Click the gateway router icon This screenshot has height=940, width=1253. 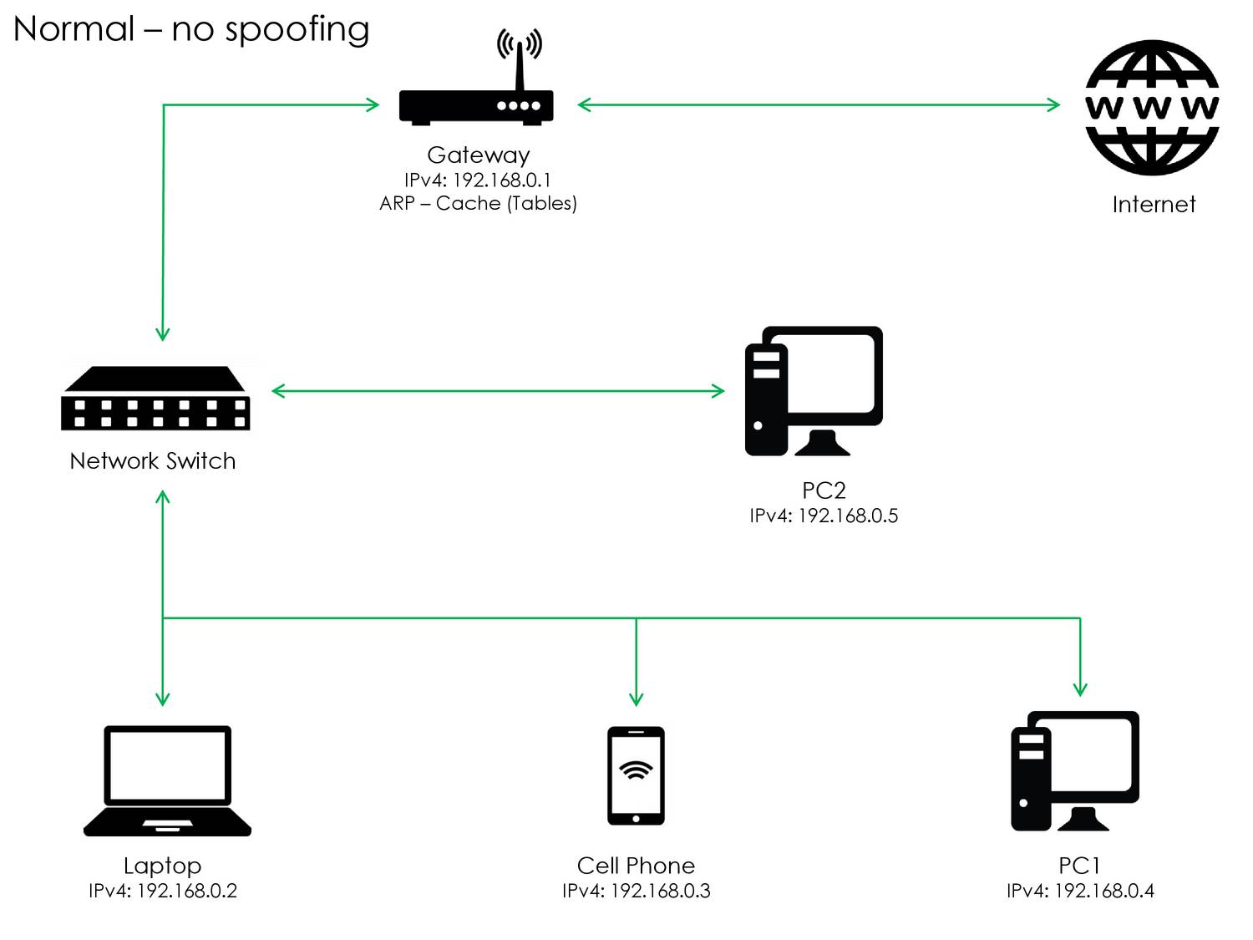476,106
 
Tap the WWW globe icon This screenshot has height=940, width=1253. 1152,108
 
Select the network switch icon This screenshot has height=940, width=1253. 155,399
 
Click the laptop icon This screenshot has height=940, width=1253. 167,781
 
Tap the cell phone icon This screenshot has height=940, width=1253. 636,775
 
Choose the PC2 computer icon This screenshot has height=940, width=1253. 814,391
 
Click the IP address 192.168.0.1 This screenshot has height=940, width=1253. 502,180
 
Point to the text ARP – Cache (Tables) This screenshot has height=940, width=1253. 478,203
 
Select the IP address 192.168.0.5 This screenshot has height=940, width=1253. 848,516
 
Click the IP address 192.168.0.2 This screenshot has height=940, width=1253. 187,891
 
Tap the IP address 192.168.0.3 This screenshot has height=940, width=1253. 661,891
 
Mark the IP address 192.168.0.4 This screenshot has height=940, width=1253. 1104,891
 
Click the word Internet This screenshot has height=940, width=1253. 1154,205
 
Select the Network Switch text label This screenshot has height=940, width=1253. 153,461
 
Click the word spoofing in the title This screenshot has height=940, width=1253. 297,30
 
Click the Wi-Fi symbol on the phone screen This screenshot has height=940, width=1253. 636,770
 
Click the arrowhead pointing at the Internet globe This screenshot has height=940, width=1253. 1053,104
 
